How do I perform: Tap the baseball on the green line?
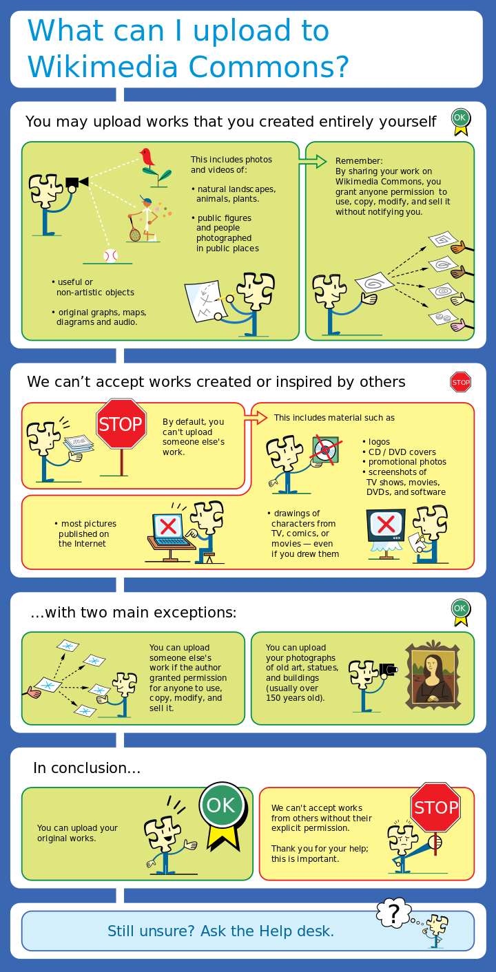tap(110, 255)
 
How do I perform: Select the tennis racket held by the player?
tap(135, 234)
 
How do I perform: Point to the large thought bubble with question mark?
tap(393, 913)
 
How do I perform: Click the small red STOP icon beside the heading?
tap(460, 382)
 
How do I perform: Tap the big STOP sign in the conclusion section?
tap(435, 807)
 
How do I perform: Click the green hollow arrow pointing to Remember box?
tap(312, 162)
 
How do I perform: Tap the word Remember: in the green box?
tap(359, 161)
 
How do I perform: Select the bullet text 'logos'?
tap(378, 442)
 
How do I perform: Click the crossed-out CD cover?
tap(324, 450)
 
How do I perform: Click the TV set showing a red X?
tap(386, 527)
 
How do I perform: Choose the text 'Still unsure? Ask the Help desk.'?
tap(220, 931)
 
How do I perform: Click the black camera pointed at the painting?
tap(388, 668)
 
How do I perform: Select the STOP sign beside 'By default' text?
tap(121, 424)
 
